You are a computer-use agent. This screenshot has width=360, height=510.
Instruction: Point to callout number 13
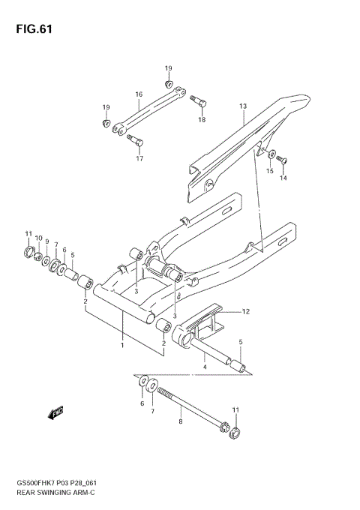242,106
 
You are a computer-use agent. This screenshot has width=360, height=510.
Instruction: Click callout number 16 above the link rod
139,94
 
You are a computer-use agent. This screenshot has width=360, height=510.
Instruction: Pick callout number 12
244,310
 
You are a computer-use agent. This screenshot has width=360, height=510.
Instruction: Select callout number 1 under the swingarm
122,346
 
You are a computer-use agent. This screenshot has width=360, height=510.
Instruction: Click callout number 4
204,367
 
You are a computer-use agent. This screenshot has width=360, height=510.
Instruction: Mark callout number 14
283,178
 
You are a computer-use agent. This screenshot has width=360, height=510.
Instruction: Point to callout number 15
269,172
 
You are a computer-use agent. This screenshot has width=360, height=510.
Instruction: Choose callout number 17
139,158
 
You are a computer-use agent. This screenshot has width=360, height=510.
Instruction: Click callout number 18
202,120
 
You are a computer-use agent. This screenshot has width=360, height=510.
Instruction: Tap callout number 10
37,238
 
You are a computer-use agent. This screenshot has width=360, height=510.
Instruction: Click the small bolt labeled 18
198,99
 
